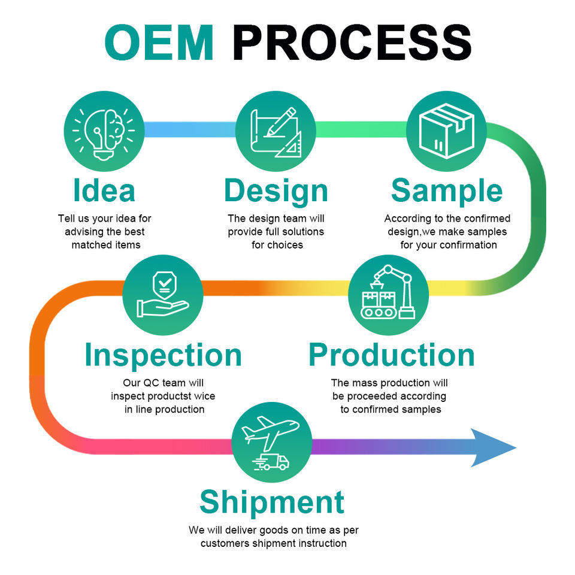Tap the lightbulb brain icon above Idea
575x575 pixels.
tap(104, 130)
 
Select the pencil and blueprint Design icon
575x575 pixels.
tap(276, 130)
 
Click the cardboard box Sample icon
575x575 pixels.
tap(447, 130)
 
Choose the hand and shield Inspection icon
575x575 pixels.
tap(162, 295)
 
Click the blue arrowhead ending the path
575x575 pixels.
tap(492, 447)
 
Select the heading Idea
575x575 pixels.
tap(104, 190)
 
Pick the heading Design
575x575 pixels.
tap(276, 190)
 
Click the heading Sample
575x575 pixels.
tap(447, 190)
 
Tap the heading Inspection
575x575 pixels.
tap(163, 355)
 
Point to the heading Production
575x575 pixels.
tap(391, 355)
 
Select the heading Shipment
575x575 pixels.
tap(272, 502)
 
